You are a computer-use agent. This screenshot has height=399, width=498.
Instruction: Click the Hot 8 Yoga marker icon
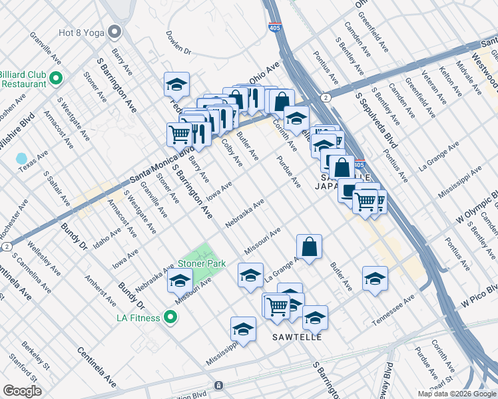click(x=115, y=31)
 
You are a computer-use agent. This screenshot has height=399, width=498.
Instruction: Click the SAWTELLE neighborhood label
click(x=298, y=337)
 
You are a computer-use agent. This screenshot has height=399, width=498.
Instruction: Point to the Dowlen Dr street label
click(x=178, y=42)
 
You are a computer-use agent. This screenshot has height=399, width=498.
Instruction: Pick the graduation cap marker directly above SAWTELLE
click(x=315, y=318)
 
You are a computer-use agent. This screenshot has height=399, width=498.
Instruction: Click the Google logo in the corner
click(x=22, y=391)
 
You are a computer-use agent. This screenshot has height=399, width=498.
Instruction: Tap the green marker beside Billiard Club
click(x=56, y=78)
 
